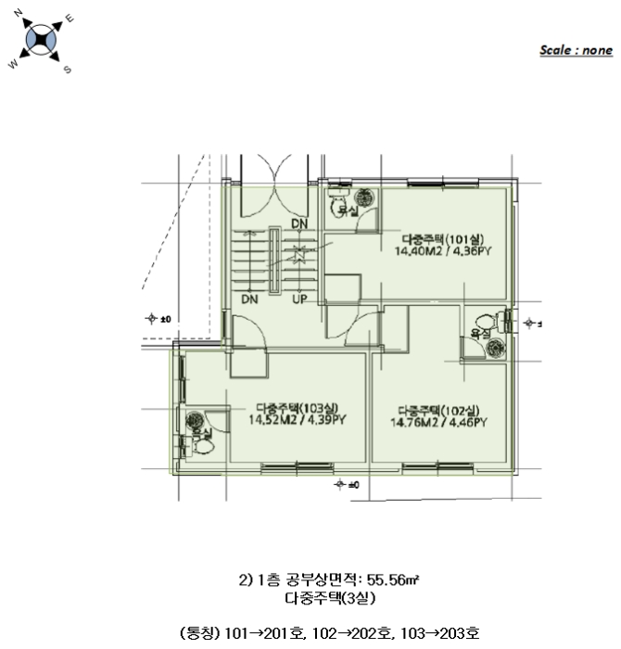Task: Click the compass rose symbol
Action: click(x=43, y=41)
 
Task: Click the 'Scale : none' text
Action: click(x=577, y=50)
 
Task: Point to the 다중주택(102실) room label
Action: click(x=437, y=411)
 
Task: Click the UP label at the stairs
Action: click(x=299, y=299)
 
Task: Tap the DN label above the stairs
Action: click(x=298, y=223)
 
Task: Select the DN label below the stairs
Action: click(x=248, y=299)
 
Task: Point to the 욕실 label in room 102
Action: click(x=480, y=332)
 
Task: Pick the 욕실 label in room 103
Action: click(x=200, y=433)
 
